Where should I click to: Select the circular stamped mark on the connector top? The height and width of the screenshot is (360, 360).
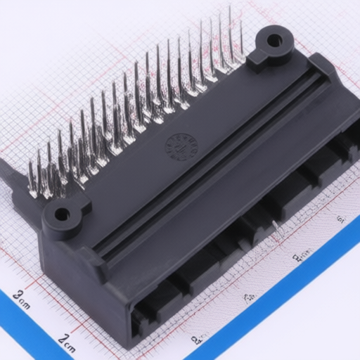click(x=181, y=146)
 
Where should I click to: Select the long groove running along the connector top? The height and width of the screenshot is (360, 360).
click(x=211, y=162)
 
